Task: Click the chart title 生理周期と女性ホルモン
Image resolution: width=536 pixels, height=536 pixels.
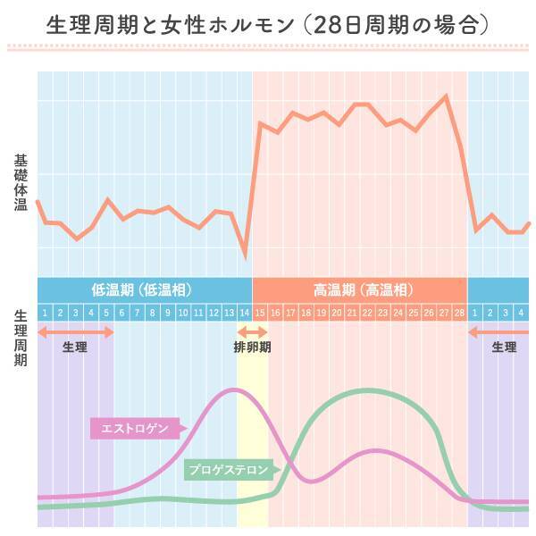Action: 170,24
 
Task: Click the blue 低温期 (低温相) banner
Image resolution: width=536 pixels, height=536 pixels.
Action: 143,289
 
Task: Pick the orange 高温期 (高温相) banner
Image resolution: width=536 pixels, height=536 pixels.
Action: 361,289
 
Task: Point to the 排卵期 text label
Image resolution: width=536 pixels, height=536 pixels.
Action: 252,348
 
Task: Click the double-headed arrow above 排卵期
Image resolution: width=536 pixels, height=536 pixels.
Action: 252,332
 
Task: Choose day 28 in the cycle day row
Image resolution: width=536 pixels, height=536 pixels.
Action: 459,313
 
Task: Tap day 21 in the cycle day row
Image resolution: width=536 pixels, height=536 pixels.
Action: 352,313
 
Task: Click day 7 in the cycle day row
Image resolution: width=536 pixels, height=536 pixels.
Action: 137,313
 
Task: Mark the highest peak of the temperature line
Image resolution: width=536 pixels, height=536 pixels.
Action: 445,95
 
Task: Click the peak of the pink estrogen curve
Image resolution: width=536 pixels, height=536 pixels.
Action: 234,389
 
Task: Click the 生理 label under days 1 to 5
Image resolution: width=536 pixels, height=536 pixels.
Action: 75,348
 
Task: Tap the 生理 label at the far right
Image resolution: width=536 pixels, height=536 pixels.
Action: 505,348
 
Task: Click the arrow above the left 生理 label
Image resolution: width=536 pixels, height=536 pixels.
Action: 75,332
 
